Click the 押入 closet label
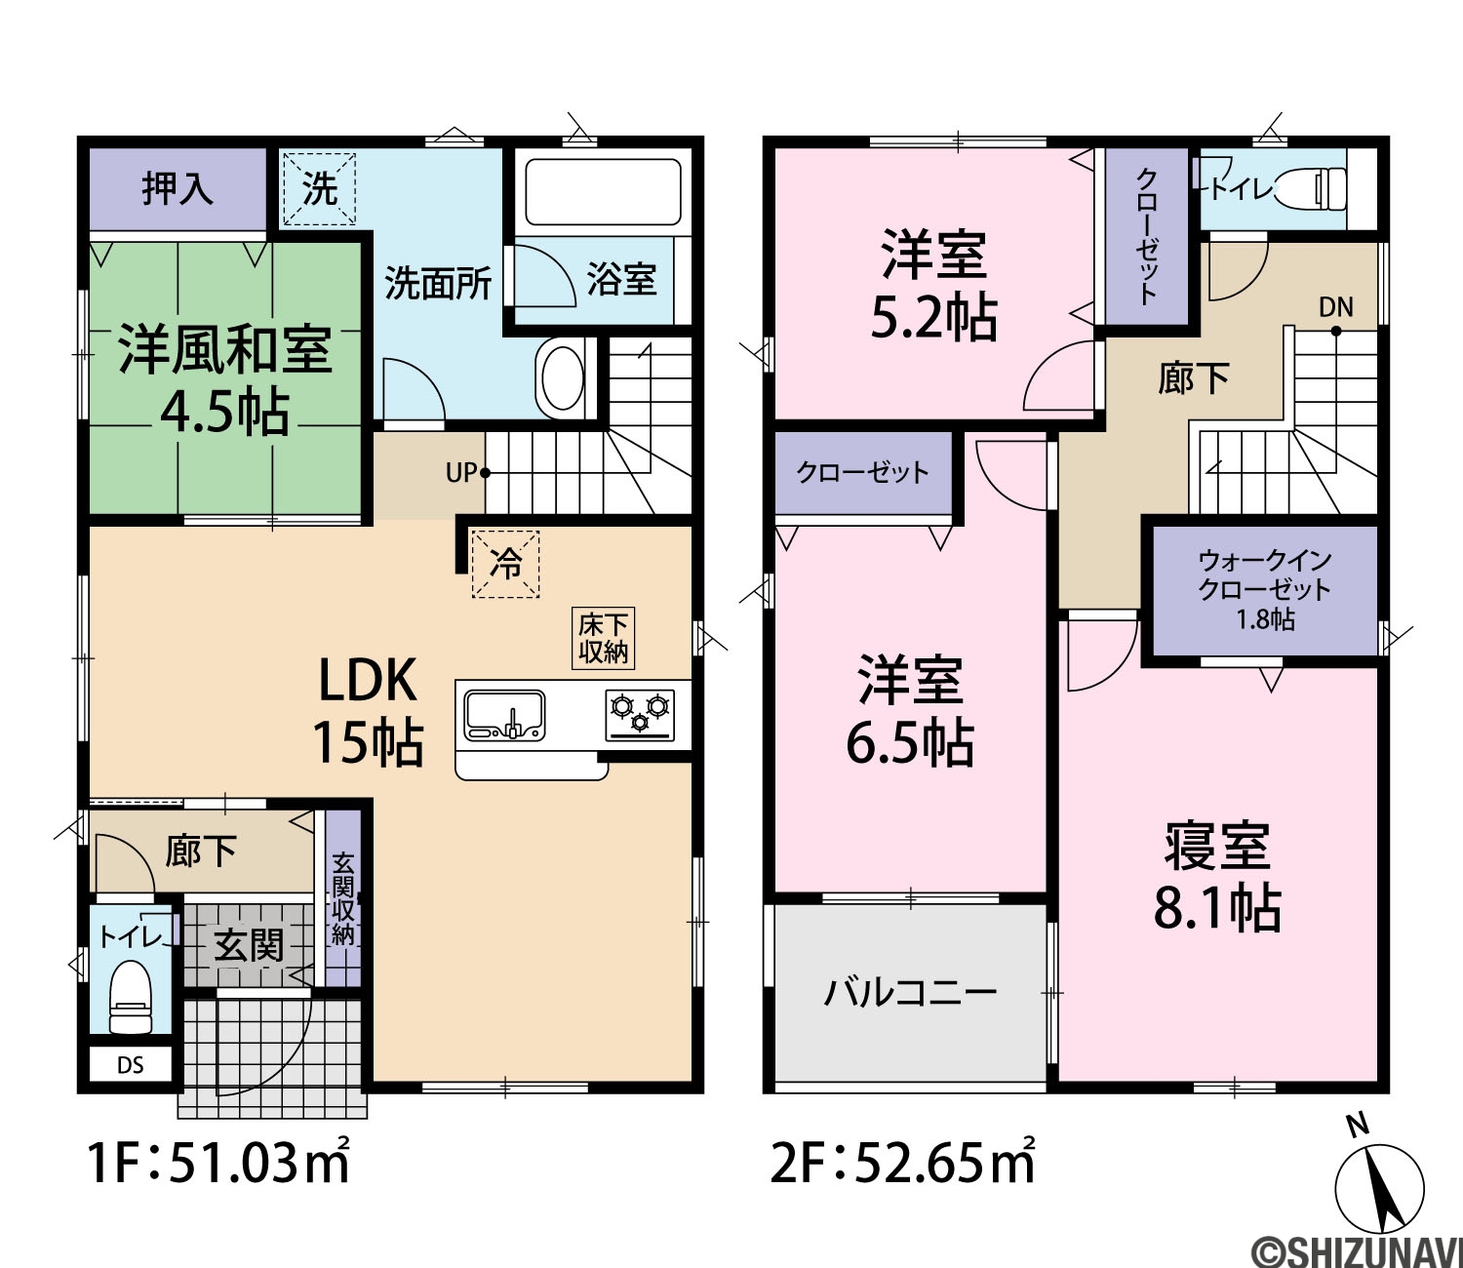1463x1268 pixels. coord(177,188)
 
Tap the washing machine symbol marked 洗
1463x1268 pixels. coord(319,189)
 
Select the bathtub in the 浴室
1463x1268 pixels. coord(603,193)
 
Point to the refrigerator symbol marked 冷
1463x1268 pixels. coord(506,565)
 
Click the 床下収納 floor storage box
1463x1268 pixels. coord(603,638)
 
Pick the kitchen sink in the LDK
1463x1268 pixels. coord(504,715)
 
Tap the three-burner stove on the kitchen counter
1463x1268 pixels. coord(640,715)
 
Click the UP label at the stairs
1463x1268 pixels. coord(460,473)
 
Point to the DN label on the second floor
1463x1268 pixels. coord(1336,306)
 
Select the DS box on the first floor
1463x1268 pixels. coord(131,1065)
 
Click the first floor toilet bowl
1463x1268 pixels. coord(131,996)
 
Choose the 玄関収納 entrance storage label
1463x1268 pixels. coord(343,899)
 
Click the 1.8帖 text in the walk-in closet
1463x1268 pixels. coord(1266,619)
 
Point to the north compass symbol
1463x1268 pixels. coord(1379,1187)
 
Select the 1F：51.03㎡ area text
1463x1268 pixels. coord(218,1164)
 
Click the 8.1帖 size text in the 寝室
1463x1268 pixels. coord(1217,908)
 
